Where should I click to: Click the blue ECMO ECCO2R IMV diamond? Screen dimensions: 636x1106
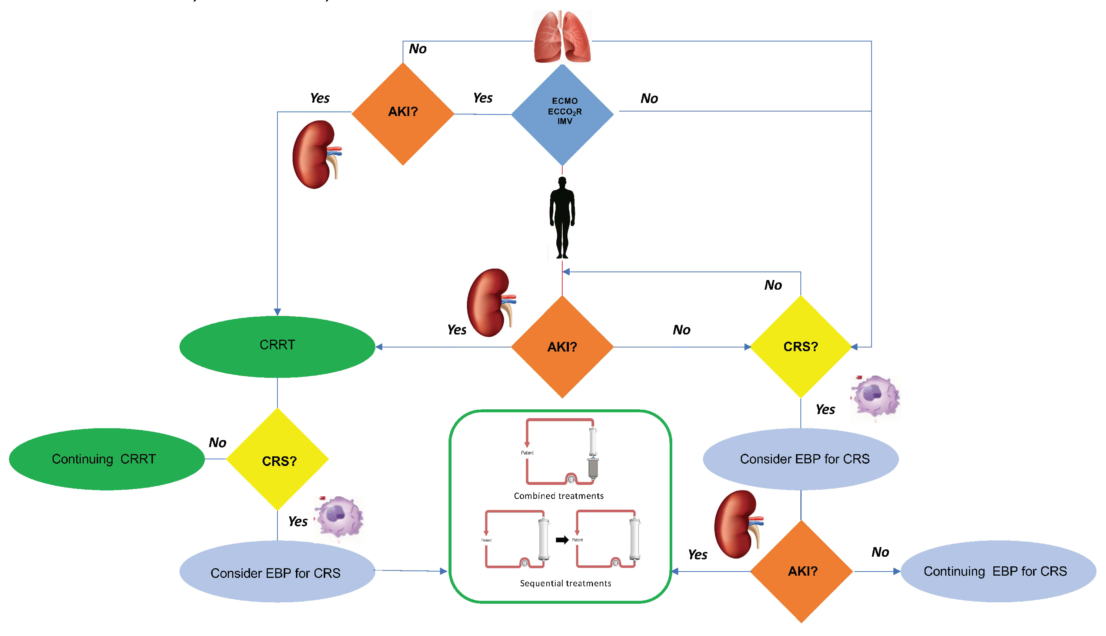point(562,114)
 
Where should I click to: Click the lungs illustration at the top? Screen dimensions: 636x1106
point(562,37)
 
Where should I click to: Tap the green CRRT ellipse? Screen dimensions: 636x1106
point(277,346)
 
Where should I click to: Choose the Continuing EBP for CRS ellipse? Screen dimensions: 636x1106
point(998,571)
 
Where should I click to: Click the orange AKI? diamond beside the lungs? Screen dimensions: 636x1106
point(403,114)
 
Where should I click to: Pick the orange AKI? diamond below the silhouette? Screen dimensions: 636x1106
point(562,347)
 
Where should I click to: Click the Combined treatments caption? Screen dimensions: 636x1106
point(558,496)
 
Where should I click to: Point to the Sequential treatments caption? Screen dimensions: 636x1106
point(565,583)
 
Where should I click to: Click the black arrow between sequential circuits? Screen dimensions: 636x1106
point(562,540)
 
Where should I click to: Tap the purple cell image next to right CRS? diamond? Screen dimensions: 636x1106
point(875,397)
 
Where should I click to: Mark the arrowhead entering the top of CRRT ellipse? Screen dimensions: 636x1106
point(277,312)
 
